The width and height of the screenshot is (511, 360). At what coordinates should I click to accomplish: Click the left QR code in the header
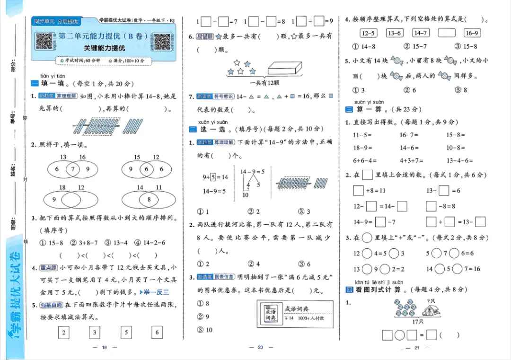pyautogui.click(x=44, y=42)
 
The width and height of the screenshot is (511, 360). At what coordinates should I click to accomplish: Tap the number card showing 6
pyautogui.click(x=157, y=333)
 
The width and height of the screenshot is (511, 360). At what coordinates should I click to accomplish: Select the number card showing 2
pyautogui.click(x=63, y=333)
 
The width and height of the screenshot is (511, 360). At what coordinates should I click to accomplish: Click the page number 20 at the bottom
pyautogui.click(x=260, y=348)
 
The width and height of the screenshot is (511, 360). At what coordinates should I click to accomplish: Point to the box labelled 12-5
pyautogui.click(x=368, y=33)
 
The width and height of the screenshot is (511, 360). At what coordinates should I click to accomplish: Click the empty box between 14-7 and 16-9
pyautogui.click(x=446, y=33)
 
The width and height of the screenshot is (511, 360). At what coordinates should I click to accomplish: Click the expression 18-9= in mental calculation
pyautogui.click(x=363, y=148)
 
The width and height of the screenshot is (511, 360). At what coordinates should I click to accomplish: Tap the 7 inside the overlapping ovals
pyautogui.click(x=72, y=169)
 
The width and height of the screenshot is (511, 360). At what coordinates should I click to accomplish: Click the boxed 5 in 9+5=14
pyautogui.click(x=213, y=177)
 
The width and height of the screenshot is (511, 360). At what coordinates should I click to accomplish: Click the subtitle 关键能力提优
pyautogui.click(x=104, y=48)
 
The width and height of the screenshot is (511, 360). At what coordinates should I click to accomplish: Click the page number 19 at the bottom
pyautogui.click(x=105, y=348)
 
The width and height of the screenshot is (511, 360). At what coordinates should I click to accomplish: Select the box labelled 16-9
pyautogui.click(x=472, y=33)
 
